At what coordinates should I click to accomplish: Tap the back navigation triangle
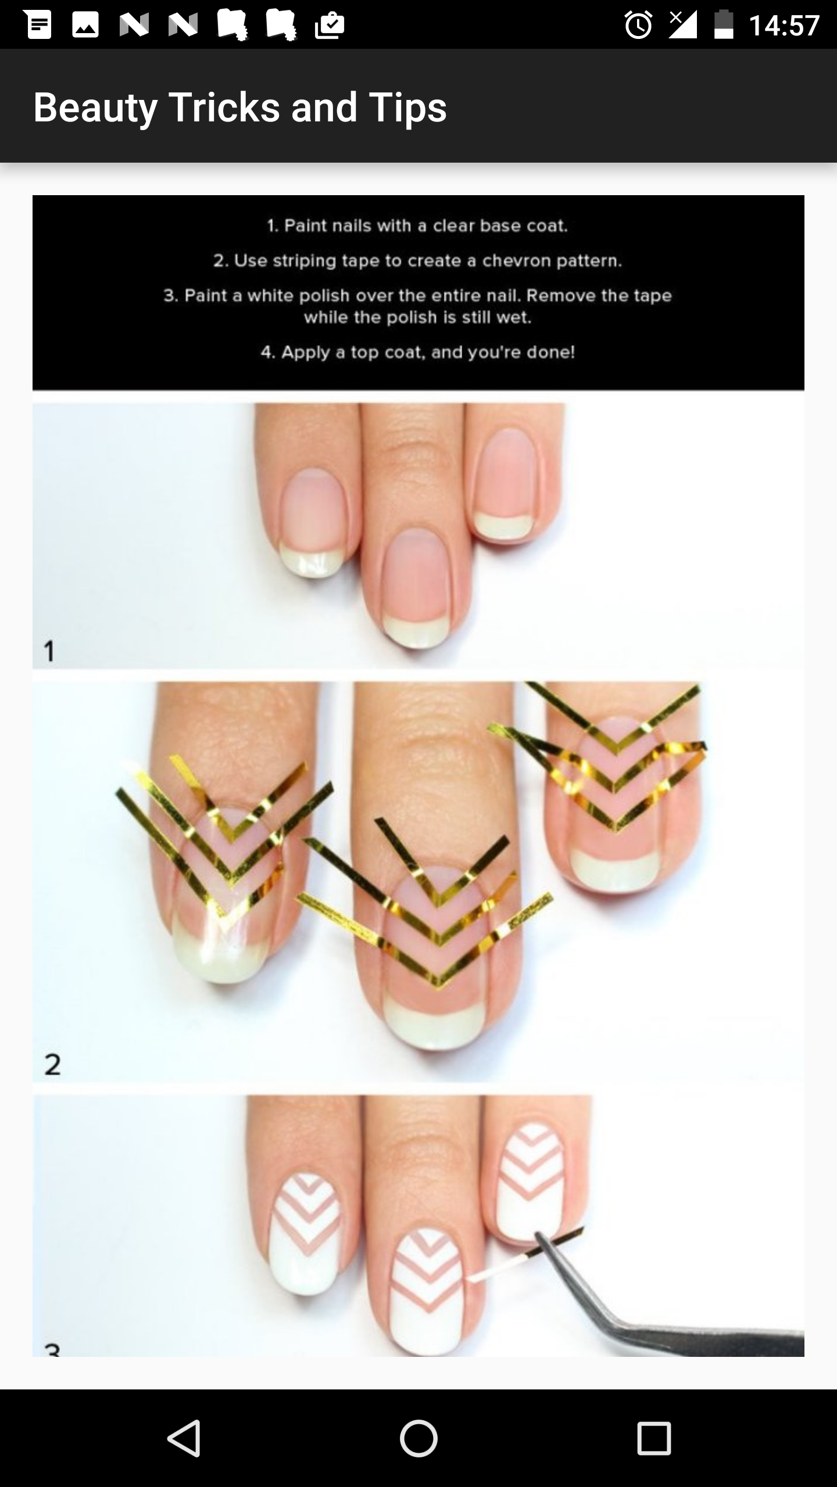click(184, 1438)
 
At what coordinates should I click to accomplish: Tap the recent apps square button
click(654, 1438)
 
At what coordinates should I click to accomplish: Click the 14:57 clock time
click(784, 26)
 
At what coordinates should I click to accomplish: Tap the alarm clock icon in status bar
click(638, 25)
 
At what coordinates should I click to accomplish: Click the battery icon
click(724, 25)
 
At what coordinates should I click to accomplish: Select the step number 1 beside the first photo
click(49, 651)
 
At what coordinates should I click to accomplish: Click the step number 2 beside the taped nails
click(52, 1064)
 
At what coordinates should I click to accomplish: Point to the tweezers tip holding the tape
click(538, 1235)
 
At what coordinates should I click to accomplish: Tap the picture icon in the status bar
click(85, 25)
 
